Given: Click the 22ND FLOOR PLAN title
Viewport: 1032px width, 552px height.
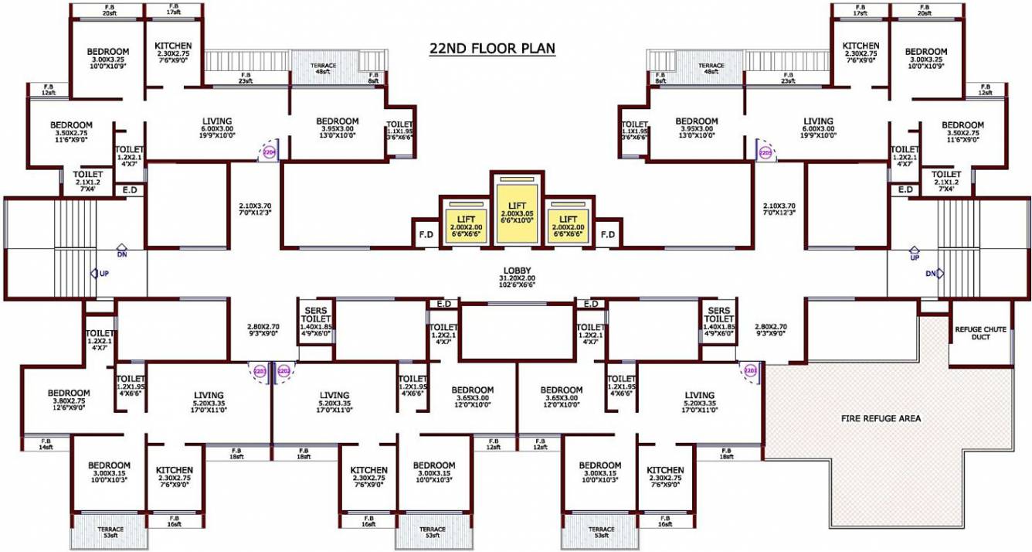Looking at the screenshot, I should point(492,49).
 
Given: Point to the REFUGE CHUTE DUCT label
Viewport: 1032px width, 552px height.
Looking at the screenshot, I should point(980,333).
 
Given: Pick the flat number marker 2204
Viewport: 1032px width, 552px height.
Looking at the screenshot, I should point(270,152).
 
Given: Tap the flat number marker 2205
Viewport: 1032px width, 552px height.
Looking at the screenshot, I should point(765,152).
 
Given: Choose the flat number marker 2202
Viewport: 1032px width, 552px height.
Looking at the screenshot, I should point(283,372).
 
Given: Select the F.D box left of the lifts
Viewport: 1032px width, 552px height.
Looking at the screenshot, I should point(426,234).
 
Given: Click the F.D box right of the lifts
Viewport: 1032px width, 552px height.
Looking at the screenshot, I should point(607,234).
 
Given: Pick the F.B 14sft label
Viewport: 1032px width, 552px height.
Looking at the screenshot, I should point(46,444).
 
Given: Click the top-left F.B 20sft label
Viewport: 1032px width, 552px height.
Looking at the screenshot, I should point(107,10).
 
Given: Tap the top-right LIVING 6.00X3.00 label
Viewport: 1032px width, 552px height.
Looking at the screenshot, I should point(818,125).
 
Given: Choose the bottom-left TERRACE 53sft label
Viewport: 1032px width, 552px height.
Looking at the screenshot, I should point(108,533).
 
